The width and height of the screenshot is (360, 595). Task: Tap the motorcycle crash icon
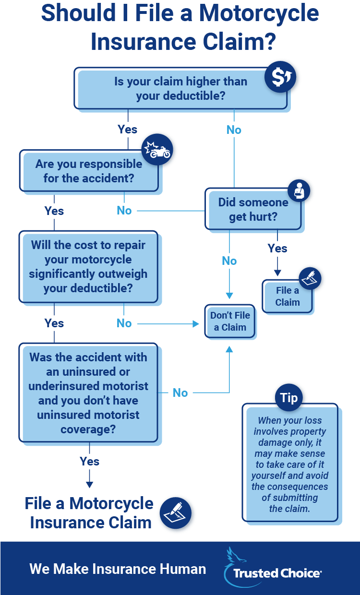click(x=157, y=149)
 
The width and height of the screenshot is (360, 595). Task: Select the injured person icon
click(x=299, y=190)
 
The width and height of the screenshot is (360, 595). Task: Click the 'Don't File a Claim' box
click(x=230, y=321)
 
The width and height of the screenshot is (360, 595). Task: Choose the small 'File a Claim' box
click(x=288, y=297)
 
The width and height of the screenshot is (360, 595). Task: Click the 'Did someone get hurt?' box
click(x=253, y=209)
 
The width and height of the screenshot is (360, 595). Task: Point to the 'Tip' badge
click(x=289, y=398)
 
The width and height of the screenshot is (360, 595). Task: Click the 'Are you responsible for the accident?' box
click(x=89, y=171)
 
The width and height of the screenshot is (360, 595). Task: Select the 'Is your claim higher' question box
click(x=180, y=89)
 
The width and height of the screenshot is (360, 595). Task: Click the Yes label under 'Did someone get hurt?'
click(x=277, y=249)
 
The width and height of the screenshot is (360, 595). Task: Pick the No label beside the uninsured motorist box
click(x=180, y=393)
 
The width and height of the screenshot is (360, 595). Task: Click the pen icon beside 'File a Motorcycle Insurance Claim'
click(x=175, y=513)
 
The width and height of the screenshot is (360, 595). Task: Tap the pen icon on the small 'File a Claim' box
click(x=310, y=278)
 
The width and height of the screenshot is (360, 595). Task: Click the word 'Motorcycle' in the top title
click(x=259, y=13)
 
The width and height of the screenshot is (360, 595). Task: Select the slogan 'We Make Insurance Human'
click(x=118, y=569)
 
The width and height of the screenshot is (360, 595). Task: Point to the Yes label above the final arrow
click(x=90, y=462)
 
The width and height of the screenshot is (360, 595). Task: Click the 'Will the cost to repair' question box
click(x=89, y=267)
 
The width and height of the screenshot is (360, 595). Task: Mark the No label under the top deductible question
click(x=234, y=130)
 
